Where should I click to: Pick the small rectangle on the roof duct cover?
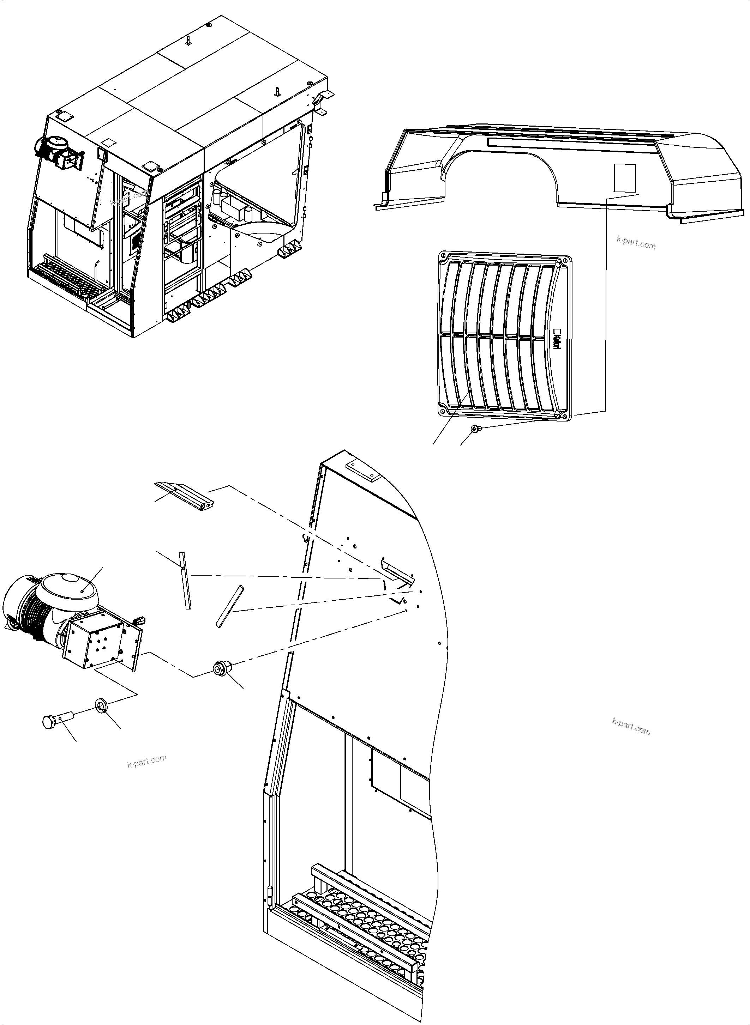(x=625, y=178)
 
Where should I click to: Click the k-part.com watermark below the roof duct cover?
(x=636, y=244)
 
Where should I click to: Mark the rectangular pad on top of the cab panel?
(x=361, y=471)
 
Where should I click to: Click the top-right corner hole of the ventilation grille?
(x=564, y=261)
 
